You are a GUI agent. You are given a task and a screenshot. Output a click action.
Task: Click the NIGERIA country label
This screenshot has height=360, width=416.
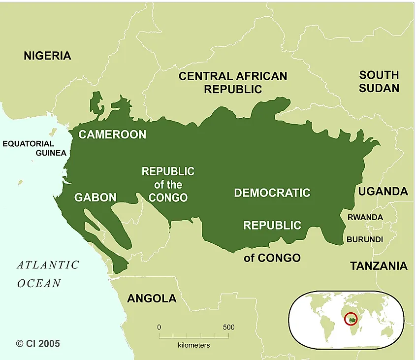click(47, 56)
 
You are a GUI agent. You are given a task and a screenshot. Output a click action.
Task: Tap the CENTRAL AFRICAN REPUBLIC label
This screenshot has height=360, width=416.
click(233, 83)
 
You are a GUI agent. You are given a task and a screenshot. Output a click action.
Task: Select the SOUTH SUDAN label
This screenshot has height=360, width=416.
click(379, 82)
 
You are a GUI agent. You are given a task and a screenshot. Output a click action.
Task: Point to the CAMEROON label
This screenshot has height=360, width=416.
click(112, 134)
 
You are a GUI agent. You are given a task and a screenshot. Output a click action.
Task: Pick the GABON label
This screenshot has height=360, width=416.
click(96, 198)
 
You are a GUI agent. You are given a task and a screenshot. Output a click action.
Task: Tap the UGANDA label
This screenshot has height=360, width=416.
click(383, 192)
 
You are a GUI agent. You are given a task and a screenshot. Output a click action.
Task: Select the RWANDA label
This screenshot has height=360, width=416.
click(365, 217)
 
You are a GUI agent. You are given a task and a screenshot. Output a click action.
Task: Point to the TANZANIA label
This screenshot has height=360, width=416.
click(379, 266)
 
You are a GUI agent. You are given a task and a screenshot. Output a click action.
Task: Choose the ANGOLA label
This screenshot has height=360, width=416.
click(152, 298)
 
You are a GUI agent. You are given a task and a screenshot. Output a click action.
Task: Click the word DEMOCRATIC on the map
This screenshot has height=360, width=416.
click(272, 193)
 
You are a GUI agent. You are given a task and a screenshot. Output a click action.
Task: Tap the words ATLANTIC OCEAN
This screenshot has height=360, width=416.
click(47, 274)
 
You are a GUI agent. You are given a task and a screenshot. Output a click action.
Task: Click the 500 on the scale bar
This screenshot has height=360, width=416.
click(228, 327)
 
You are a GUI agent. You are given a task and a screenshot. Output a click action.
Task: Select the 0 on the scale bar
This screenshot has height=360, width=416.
click(159, 327)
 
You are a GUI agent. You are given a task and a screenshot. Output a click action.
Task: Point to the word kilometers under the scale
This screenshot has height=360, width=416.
click(193, 345)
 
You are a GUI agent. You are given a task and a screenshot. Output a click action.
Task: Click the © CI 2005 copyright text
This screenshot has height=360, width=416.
click(38, 343)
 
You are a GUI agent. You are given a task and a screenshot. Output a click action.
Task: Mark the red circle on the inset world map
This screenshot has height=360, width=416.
click(351, 319)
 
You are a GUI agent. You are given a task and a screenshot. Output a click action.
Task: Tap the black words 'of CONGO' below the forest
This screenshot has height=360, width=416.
click(272, 258)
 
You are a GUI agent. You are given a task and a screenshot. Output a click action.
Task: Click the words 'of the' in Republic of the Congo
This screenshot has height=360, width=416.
click(168, 185)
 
